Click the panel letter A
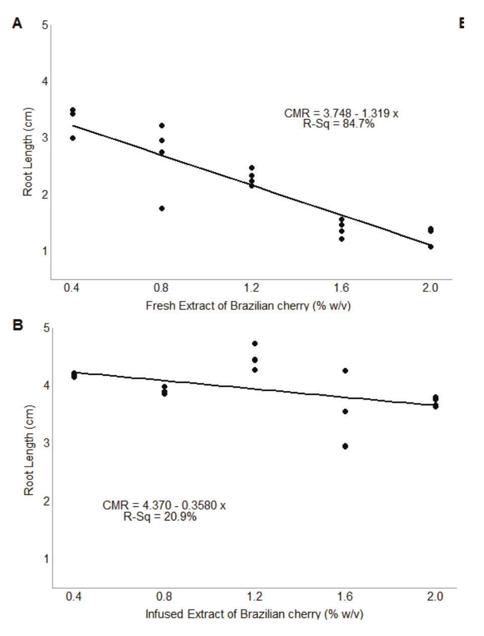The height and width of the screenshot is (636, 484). point(18,23)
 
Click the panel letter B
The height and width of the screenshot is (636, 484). point(18,325)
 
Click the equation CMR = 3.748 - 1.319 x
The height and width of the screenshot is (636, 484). point(341,114)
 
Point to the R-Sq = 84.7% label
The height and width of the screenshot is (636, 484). point(338,124)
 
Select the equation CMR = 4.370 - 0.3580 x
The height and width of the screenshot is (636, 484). point(164,505)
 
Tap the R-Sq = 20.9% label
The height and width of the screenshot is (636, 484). point(160,516)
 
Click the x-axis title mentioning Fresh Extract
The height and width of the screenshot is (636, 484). point(248,305)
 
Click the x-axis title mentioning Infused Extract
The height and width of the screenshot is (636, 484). point(254,614)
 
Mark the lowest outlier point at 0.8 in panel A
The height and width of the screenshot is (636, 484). point(162,208)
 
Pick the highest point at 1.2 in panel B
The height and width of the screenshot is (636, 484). point(255,344)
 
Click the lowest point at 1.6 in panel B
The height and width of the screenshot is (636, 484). point(345,446)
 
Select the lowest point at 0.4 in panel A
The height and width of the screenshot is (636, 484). point(73,138)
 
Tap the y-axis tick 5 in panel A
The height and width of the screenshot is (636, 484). point(45,25)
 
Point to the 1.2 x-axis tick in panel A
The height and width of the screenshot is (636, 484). point(251,288)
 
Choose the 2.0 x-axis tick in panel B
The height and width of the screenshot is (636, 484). point(435,596)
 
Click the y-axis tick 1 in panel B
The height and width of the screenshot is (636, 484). point(47,559)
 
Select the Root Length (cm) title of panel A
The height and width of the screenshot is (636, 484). point(28,152)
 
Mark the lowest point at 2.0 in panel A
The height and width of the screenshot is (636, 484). point(431,247)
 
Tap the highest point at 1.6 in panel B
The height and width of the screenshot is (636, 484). point(345,371)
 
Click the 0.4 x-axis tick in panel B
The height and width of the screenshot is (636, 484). point(74,596)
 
